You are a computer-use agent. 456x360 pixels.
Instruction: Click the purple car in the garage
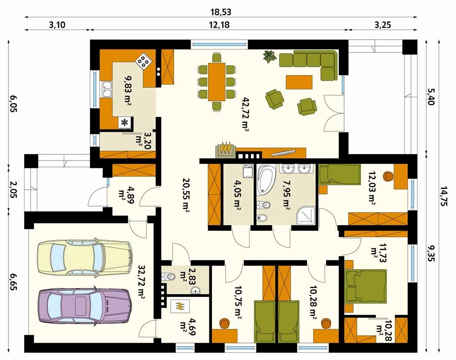[x=84, y=305]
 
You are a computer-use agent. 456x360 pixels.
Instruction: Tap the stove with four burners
[x=144, y=60]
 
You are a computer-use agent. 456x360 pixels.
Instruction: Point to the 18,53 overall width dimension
[x=221, y=12]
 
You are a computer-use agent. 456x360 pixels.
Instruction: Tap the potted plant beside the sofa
[x=269, y=57]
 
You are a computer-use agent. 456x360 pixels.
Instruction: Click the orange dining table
[x=217, y=82]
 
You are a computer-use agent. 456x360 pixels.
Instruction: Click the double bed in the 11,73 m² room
[x=366, y=286]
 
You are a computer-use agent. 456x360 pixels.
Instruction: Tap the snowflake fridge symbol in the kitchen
[x=125, y=123]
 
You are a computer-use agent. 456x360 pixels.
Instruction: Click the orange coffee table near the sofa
[x=299, y=82]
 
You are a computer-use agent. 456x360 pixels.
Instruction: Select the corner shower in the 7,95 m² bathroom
[x=306, y=215]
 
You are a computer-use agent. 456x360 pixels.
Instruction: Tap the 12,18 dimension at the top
[x=220, y=25]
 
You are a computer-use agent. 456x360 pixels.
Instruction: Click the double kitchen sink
[x=106, y=89]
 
